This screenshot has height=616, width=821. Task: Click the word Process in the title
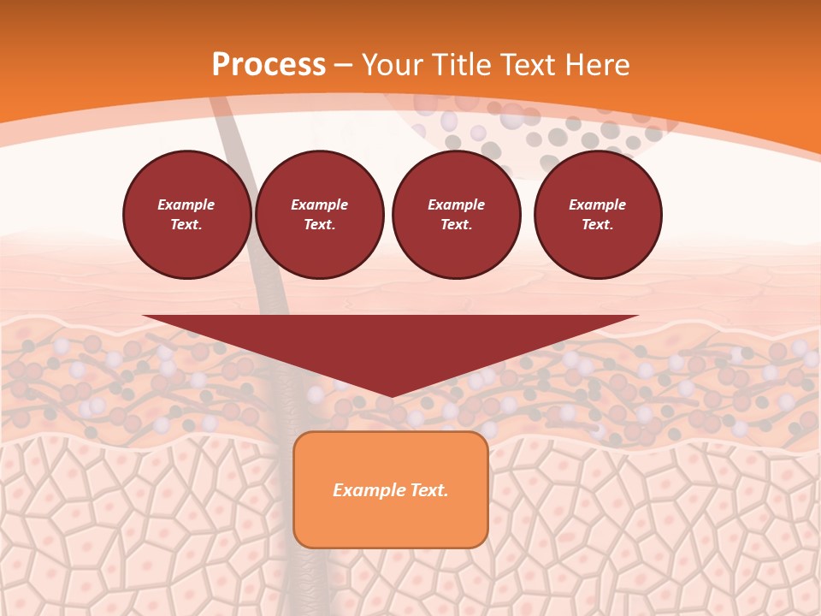[269, 65]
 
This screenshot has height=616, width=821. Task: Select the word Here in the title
[596, 65]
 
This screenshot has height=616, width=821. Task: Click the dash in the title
[344, 66]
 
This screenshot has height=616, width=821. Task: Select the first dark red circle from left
[187, 215]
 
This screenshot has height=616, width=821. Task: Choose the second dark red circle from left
[320, 215]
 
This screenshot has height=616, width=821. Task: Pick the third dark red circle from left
[457, 215]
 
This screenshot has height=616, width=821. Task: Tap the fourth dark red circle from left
[598, 215]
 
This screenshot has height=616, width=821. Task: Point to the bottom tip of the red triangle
[391, 396]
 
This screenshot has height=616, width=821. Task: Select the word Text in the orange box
[430, 490]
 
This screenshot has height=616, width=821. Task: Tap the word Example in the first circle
[186, 204]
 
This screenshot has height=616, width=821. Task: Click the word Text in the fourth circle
[597, 225]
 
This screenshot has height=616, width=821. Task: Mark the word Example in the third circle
[457, 204]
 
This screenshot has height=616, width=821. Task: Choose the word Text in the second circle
[319, 225]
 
